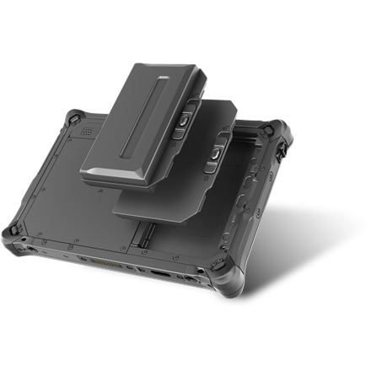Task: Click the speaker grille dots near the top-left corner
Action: pos(87,132)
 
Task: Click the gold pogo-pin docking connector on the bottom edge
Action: pos(102,261)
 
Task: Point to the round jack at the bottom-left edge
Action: pos(32,248)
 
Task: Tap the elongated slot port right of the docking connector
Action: pos(160,274)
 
